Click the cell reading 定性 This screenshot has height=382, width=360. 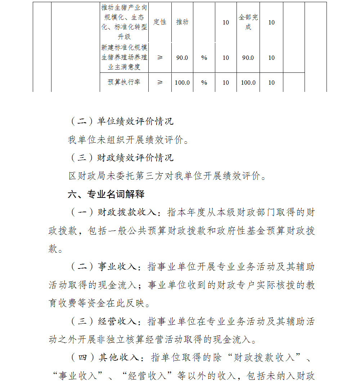point(160,22)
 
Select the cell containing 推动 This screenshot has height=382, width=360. point(182,22)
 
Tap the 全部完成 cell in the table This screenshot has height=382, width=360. point(248,22)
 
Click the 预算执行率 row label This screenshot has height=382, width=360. point(124,82)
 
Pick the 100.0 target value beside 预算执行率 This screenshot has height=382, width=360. point(182,83)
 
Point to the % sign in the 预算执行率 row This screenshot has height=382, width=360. point(204,83)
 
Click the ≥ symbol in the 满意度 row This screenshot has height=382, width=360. point(160,58)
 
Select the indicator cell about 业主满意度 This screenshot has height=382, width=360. point(124,57)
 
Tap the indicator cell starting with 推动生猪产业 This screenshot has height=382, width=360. point(124,22)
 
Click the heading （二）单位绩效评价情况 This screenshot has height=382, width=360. point(121,121)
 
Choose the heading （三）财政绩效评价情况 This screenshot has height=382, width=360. point(121,158)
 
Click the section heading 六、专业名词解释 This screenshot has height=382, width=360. point(106,194)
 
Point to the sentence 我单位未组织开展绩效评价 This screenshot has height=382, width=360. point(128,140)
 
